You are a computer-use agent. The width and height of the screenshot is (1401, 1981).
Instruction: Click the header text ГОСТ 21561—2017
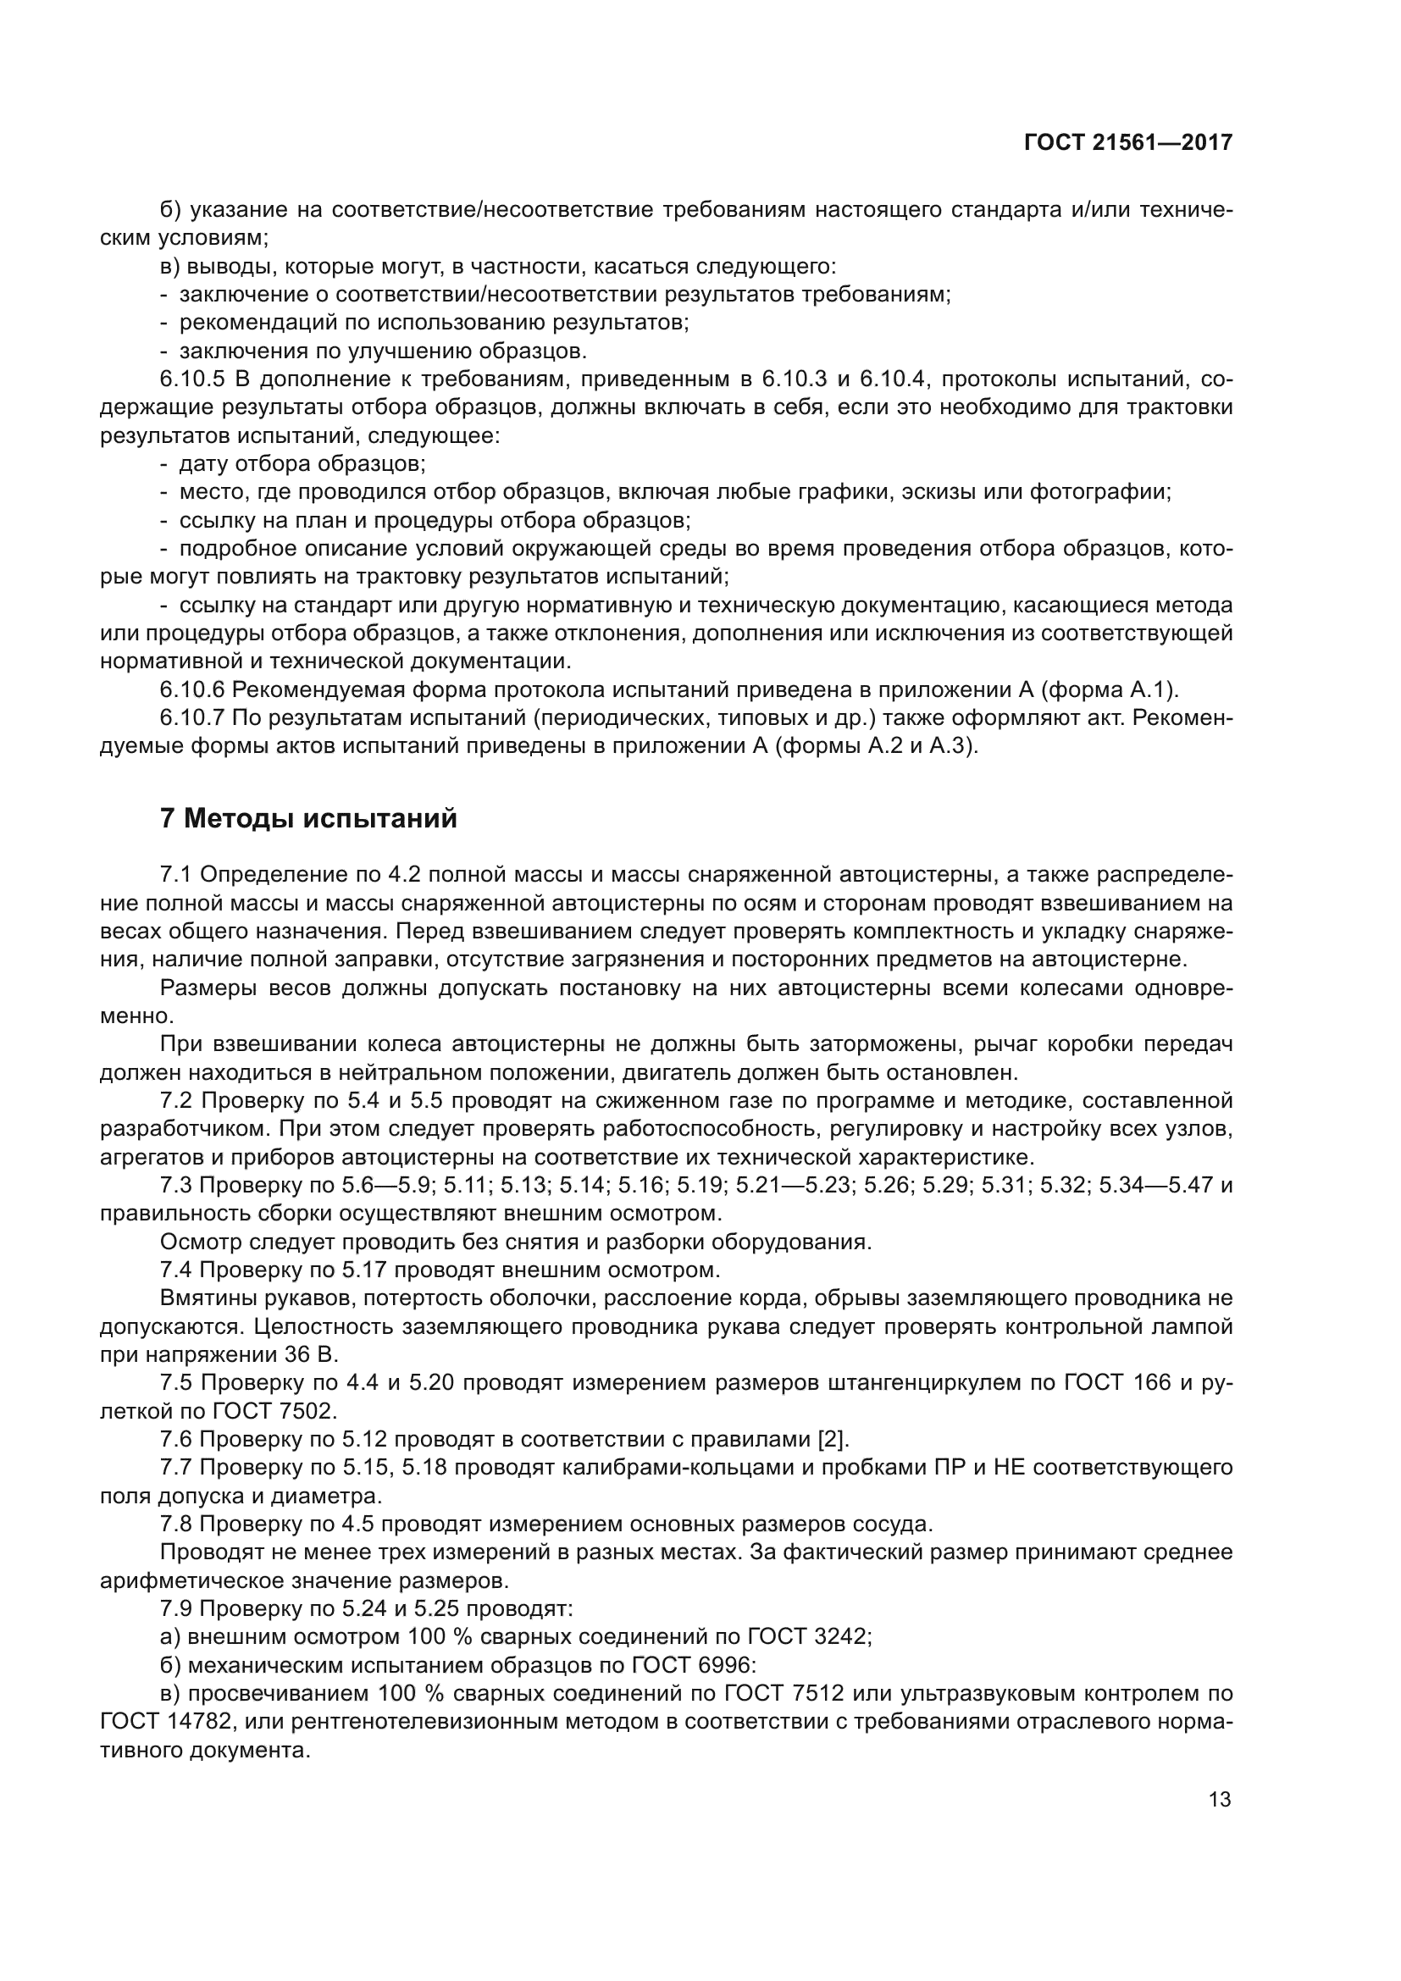click(1127, 143)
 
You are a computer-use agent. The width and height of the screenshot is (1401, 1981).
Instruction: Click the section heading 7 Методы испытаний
click(308, 818)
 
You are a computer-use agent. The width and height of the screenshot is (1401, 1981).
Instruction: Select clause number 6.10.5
click(188, 379)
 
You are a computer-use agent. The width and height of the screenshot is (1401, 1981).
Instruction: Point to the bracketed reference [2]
click(833, 1439)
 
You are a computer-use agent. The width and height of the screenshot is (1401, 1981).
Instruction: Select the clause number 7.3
click(176, 1186)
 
